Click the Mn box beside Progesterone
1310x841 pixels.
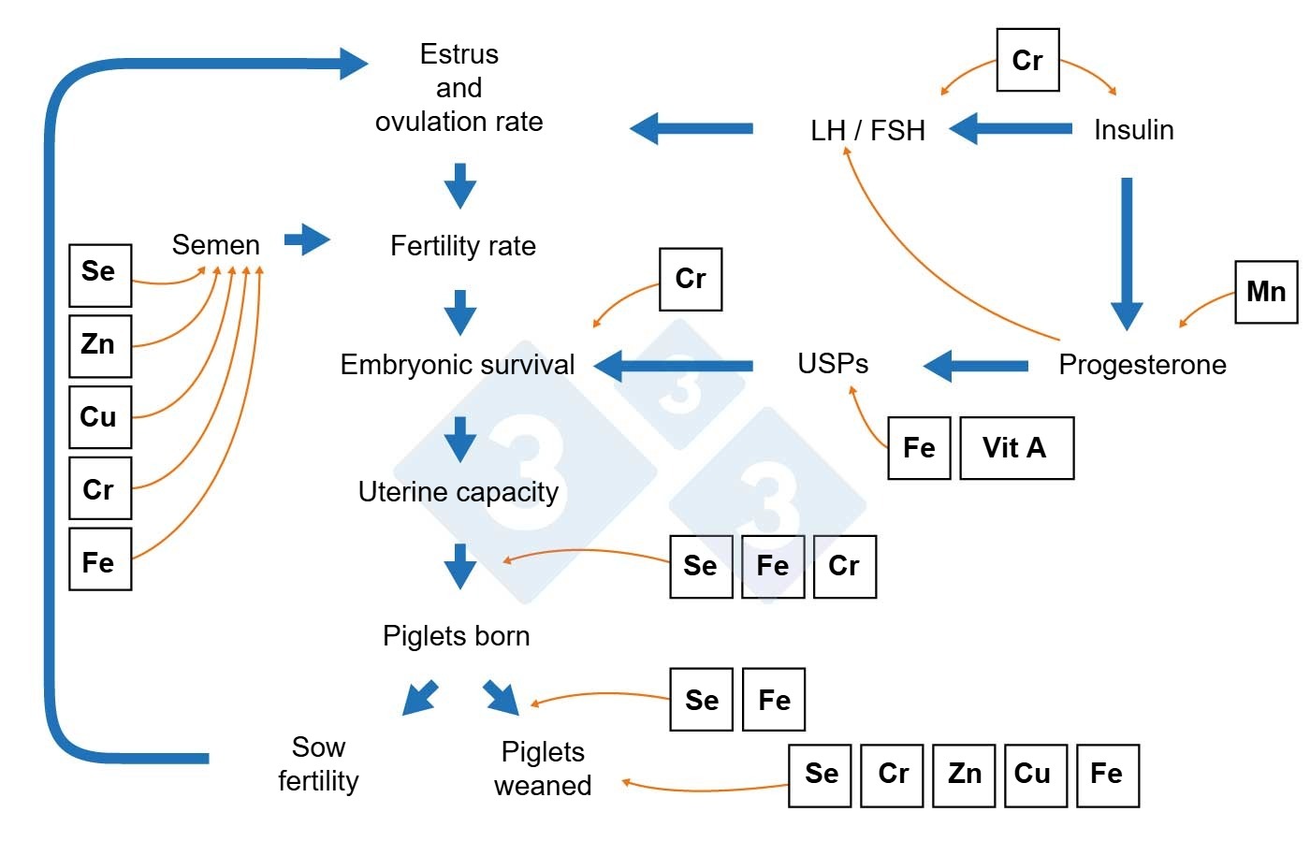click(x=1266, y=292)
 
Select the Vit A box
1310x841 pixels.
click(x=1016, y=448)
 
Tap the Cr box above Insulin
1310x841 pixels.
click(x=1027, y=61)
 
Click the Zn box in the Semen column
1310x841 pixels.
click(x=100, y=345)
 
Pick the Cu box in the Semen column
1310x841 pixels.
click(x=100, y=417)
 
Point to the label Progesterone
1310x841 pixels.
click(x=1142, y=365)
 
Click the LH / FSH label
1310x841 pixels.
click(x=867, y=130)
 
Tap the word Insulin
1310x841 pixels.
click(x=1133, y=130)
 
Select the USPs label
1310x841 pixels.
click(x=833, y=364)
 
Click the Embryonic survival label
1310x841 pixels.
click(x=457, y=365)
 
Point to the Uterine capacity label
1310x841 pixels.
click(x=458, y=492)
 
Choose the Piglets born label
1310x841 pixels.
click(x=456, y=636)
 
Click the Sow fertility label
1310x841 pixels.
click(x=318, y=764)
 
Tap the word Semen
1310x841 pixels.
click(x=215, y=245)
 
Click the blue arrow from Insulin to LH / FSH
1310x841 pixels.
click(x=1011, y=128)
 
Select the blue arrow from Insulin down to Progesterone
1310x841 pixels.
click(x=1127, y=253)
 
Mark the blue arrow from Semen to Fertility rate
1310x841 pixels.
click(x=307, y=239)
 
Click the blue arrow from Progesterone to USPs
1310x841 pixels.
click(x=976, y=365)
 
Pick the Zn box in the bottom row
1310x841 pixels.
click(x=964, y=775)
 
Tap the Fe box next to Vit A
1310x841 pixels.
click(x=919, y=448)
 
